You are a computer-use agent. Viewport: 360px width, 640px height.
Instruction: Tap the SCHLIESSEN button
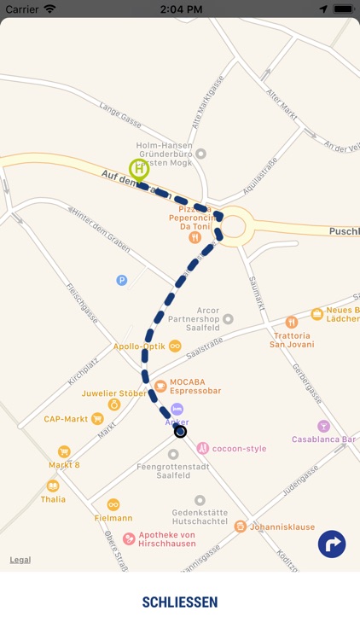tap(180, 602)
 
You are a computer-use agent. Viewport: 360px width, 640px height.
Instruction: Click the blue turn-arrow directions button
tap(332, 544)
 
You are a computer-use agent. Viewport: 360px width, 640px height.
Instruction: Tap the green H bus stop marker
tap(138, 169)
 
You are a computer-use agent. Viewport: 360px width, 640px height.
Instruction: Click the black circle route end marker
tap(180, 432)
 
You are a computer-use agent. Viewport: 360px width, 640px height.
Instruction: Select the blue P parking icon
tap(122, 280)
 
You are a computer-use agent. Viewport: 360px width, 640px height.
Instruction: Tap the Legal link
tap(20, 560)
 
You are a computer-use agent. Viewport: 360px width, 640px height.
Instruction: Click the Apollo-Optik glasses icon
tap(175, 346)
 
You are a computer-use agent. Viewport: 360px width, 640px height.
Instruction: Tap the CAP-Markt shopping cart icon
tap(97, 419)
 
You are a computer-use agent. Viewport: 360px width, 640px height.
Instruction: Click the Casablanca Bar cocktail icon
tap(323, 426)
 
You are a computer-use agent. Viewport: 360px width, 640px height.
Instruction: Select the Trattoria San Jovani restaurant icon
tap(292, 323)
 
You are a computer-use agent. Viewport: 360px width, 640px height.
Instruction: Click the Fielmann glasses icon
tap(113, 504)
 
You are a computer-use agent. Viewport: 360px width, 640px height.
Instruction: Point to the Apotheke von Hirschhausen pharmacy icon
tap(129, 538)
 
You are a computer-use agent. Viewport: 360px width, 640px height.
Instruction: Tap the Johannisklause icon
tap(241, 527)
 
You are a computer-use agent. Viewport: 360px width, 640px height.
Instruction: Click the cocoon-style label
tap(239, 448)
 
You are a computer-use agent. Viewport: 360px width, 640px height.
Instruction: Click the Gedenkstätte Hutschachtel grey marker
tap(200, 501)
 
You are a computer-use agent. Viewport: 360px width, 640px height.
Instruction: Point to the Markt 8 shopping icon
tap(64, 451)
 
